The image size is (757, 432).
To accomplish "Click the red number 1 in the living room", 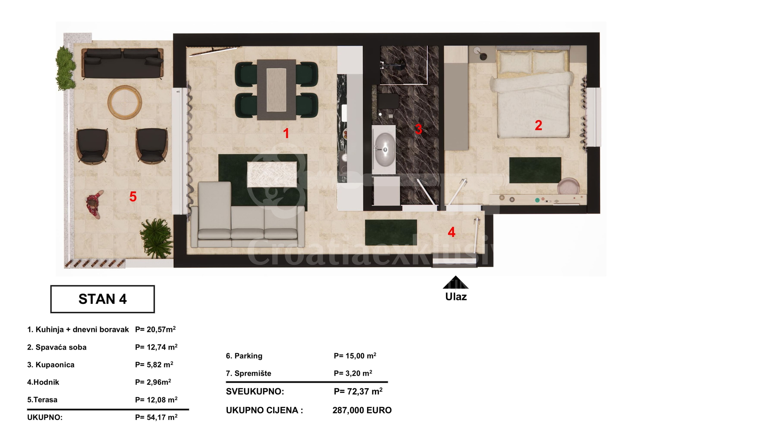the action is click(x=286, y=133).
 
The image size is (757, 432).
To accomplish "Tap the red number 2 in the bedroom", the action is click(x=538, y=125).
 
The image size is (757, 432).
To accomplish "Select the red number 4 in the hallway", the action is click(x=451, y=232).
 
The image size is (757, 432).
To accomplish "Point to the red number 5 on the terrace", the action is click(x=133, y=196).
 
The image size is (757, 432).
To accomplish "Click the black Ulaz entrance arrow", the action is click(x=455, y=282).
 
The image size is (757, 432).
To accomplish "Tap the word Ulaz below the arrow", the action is click(x=456, y=297).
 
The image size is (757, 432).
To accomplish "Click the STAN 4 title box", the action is click(x=103, y=299).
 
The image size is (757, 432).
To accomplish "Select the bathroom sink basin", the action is click(x=384, y=149).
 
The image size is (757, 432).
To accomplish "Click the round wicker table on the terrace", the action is click(x=125, y=101).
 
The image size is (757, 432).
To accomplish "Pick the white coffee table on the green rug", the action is click(x=272, y=175).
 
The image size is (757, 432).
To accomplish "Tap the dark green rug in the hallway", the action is click(x=391, y=232).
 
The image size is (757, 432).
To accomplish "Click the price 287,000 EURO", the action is click(x=362, y=410).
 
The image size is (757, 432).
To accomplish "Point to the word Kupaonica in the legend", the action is click(x=55, y=365).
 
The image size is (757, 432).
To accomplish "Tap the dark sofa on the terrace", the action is click(x=122, y=63).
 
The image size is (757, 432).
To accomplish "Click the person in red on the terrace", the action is click(x=95, y=204).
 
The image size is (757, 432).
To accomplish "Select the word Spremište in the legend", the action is click(x=253, y=373).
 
